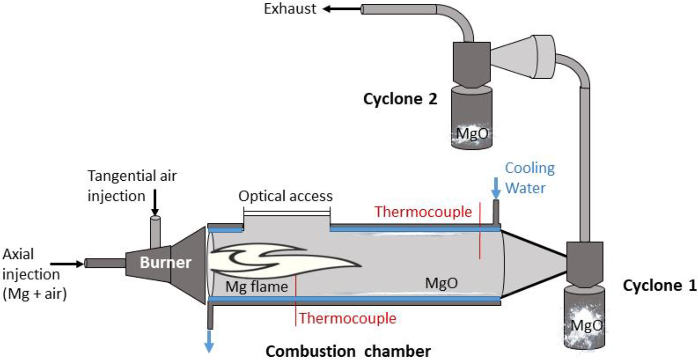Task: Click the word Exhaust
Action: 290,9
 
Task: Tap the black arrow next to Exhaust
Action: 341,9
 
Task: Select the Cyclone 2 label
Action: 400,99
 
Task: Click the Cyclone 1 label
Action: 659,285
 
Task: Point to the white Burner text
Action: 165,262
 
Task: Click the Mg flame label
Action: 257,287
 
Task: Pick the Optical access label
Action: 285,196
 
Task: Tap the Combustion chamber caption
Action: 348,351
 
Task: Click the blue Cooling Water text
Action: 529,178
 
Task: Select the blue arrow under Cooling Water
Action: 496,188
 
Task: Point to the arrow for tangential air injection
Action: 155,203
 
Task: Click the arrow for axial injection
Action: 67,264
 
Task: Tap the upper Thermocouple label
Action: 423,212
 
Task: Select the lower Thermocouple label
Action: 347,318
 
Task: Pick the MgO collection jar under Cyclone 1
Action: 585,317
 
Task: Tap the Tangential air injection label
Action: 132,186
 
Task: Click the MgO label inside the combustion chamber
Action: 441,283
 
